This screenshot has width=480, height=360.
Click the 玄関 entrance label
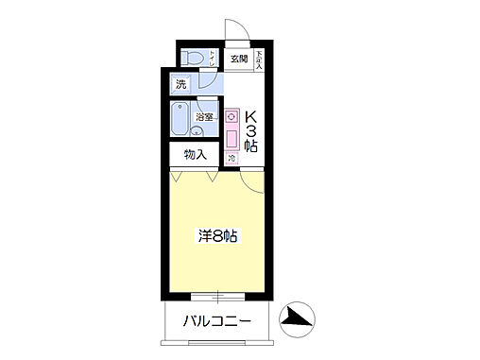[237, 60]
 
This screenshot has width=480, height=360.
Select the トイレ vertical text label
[214, 59]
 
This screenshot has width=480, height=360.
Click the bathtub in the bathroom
[181, 121]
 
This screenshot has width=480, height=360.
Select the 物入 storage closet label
[195, 154]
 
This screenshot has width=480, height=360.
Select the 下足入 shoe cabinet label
[260, 60]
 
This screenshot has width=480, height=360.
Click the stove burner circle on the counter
[231, 116]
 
